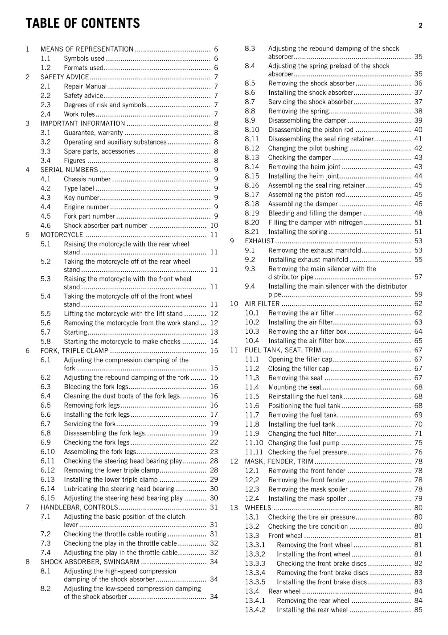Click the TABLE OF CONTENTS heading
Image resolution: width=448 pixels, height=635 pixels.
coord(82,23)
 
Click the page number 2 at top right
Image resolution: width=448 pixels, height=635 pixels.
coord(420,25)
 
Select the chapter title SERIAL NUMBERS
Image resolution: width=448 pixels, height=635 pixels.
coord(69,169)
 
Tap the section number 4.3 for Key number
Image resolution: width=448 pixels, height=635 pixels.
coord(46,197)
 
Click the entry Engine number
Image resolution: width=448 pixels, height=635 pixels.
coord(86,207)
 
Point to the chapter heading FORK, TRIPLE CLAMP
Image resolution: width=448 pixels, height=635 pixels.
coord(74,350)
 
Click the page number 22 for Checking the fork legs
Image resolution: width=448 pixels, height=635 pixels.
coord(214,442)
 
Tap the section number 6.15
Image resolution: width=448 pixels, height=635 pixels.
coord(48,498)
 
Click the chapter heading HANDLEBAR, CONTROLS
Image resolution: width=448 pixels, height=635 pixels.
coord(79,507)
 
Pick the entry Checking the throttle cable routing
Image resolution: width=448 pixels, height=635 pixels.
coord(115,534)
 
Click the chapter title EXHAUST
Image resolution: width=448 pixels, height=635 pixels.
coord(259,241)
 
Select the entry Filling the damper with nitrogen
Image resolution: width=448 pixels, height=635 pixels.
coord(315,222)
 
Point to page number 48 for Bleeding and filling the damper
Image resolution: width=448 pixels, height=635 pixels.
coord(418,213)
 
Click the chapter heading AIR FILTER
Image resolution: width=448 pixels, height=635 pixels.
coord(262,304)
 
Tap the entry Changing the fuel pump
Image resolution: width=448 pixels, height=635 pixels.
coord(304,443)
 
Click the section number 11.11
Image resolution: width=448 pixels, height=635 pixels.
coord(254,452)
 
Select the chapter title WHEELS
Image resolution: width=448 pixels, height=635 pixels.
coord(258,508)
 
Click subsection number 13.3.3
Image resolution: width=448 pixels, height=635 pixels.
coord(255,563)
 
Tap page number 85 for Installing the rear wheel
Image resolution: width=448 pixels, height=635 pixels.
coord(418,610)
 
